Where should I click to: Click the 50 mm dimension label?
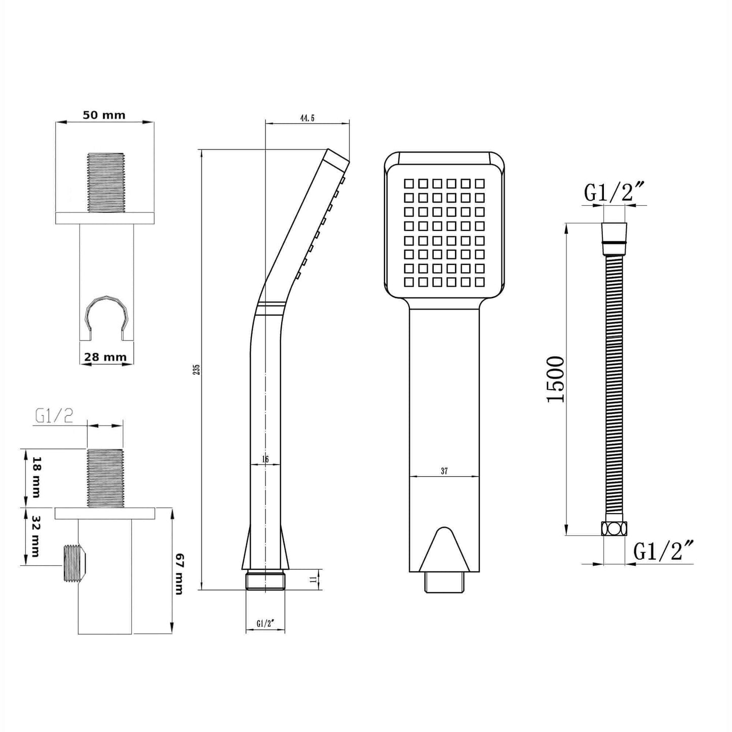[x=104, y=115]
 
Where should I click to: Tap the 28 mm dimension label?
[x=105, y=357]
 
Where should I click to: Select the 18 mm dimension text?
[x=35, y=477]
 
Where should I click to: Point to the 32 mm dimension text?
[x=35, y=536]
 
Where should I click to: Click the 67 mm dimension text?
[x=179, y=574]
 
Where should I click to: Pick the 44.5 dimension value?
[x=307, y=118]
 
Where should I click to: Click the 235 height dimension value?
[x=197, y=369]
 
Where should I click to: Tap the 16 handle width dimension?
[x=265, y=459]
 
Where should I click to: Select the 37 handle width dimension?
[x=444, y=471]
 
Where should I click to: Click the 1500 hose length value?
[x=556, y=379]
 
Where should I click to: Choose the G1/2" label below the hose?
[x=663, y=551]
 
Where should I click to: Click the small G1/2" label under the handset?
[x=265, y=624]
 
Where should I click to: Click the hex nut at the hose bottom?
[x=613, y=528]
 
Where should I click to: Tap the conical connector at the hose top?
[x=613, y=233]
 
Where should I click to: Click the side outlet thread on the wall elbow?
[x=72, y=563]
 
